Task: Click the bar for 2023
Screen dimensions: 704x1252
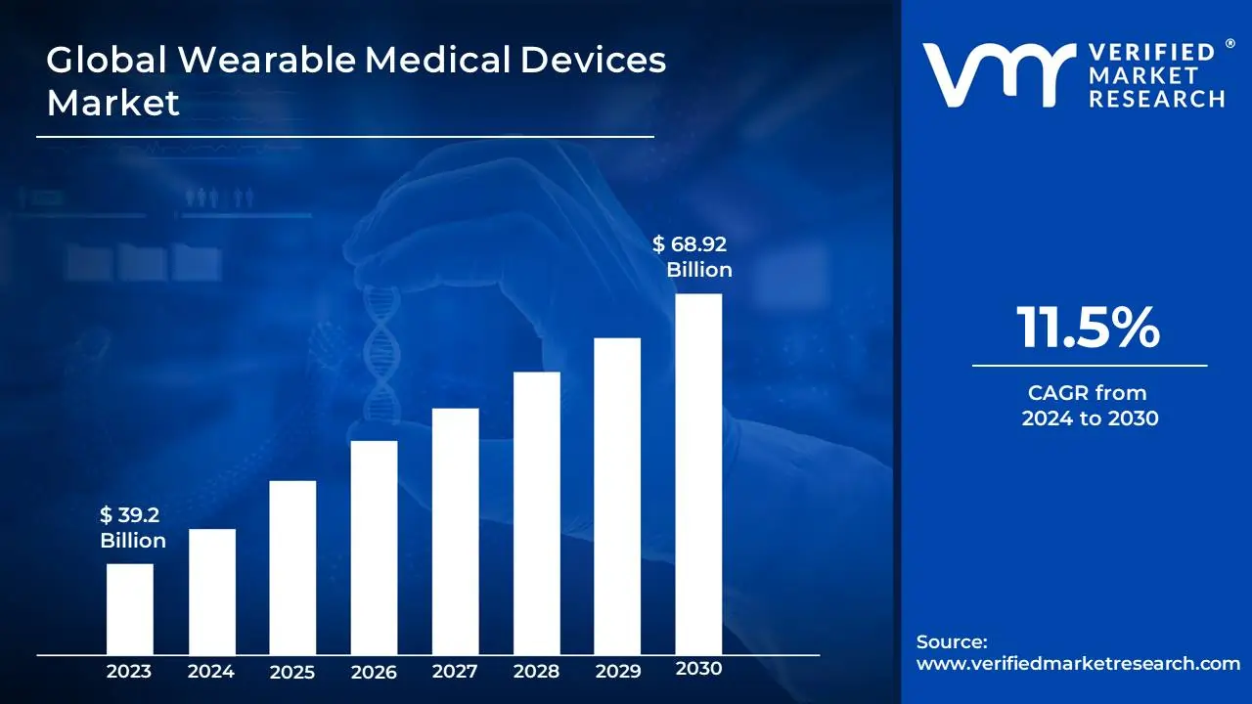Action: (129, 608)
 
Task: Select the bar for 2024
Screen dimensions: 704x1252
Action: (211, 591)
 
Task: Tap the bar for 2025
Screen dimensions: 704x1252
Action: (292, 567)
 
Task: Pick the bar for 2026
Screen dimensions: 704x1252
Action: (374, 547)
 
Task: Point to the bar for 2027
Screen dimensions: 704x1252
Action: (455, 531)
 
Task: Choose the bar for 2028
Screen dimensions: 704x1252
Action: (536, 512)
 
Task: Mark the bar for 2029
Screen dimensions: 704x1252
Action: (617, 496)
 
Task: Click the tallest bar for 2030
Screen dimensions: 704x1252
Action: (698, 473)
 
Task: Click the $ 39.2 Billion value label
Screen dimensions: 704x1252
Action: (133, 528)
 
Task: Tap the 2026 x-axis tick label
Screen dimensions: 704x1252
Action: (374, 672)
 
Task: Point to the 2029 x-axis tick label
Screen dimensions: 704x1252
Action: (617, 672)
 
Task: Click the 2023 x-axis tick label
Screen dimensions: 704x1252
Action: (129, 672)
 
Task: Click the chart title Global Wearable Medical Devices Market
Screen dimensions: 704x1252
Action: (356, 80)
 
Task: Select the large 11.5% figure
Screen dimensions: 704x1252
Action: (1089, 328)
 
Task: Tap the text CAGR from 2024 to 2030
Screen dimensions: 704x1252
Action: (1089, 406)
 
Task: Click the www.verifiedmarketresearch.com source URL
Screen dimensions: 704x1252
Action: (1078, 663)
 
